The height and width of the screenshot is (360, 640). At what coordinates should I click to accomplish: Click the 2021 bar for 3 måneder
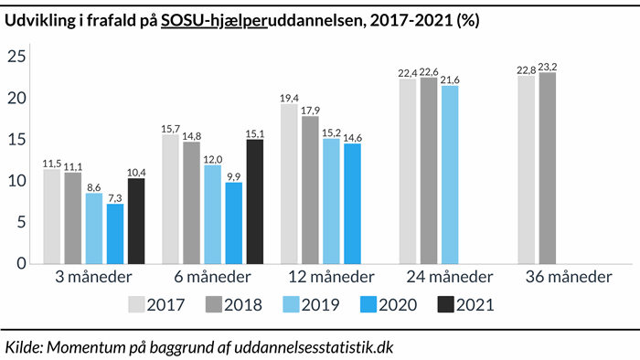136,220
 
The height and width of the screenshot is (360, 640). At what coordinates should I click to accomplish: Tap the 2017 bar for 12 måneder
288,183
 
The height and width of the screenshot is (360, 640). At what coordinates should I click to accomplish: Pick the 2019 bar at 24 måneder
450,174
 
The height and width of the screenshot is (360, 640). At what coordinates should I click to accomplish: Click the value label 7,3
114,197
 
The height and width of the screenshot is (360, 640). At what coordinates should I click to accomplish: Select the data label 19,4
288,97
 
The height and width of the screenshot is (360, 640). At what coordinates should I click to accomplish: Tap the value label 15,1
255,132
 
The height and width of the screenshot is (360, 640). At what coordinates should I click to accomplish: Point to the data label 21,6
450,79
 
